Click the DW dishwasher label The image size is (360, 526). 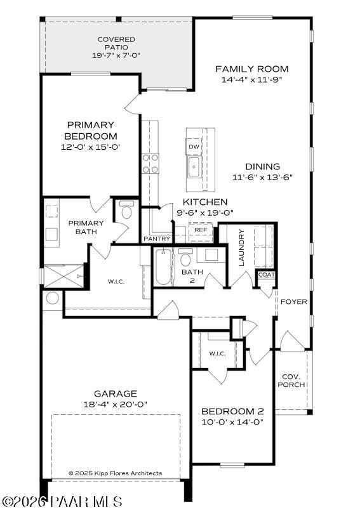194,147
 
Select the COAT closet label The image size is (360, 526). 265,275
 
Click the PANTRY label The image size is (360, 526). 157,239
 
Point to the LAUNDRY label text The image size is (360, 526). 242,247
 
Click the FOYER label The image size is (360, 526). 294,302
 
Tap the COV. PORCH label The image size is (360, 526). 293,380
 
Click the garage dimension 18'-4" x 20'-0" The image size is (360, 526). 116,404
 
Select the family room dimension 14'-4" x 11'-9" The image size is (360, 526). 251,80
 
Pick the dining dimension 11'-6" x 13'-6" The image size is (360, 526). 262,178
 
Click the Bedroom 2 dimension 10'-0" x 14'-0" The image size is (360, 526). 233,421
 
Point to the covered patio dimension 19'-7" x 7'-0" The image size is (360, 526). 116,55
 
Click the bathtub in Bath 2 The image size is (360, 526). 163,267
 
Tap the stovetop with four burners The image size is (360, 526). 150,164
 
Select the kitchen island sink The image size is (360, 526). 194,168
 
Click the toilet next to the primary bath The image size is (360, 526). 126,212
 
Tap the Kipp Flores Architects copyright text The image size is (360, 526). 115,473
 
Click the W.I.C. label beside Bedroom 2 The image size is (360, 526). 217,353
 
